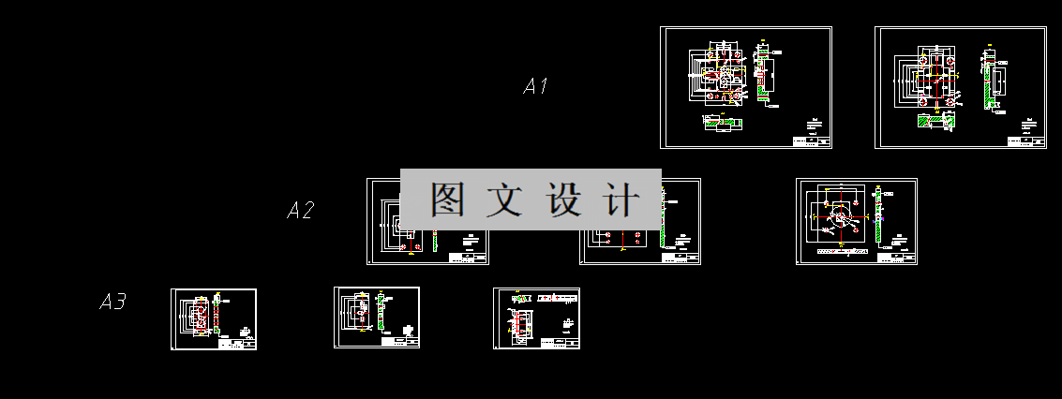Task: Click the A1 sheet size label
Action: coord(535,87)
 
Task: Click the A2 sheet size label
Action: coord(300,211)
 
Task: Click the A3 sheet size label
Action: coord(112,303)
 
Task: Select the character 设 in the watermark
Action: coord(563,199)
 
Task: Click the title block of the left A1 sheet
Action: coord(811,141)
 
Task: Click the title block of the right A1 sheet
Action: coord(1025,141)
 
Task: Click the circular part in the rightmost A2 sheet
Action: coord(843,220)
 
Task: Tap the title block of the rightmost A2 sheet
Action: coord(900,257)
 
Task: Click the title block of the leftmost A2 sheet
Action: coord(469,257)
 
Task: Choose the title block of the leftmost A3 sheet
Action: coord(237,344)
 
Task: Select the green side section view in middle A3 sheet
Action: coord(381,313)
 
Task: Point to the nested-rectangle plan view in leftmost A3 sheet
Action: coord(198,316)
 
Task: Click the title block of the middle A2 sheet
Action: coord(681,257)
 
